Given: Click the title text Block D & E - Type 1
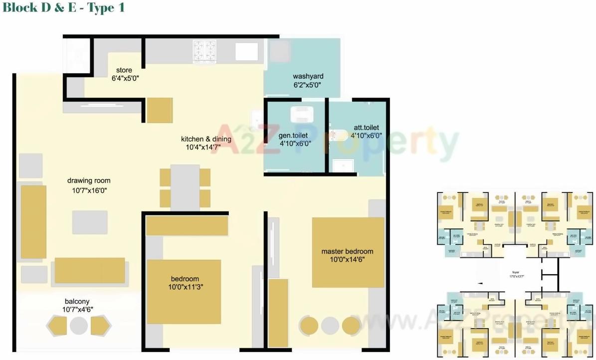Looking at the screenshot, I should pos(63,7).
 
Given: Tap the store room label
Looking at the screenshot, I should pos(124,70).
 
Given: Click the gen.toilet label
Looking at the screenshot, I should pos(293,136).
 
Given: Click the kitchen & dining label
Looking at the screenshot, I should pos(206,139).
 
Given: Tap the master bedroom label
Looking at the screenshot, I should pos(347,251).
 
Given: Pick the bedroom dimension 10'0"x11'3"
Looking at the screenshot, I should pos(185,287).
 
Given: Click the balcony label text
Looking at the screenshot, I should pos(77,301).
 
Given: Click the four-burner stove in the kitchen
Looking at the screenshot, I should pos(205,51).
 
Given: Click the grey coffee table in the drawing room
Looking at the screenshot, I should pos(90,222).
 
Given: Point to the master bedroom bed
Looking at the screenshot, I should pos(348,252).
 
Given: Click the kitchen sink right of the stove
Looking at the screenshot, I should pos(246,51).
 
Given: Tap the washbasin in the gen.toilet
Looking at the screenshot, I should pos(302,114).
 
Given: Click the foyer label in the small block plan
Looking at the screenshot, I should pos(516,273).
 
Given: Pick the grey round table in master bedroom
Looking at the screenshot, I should pos(330,326).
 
